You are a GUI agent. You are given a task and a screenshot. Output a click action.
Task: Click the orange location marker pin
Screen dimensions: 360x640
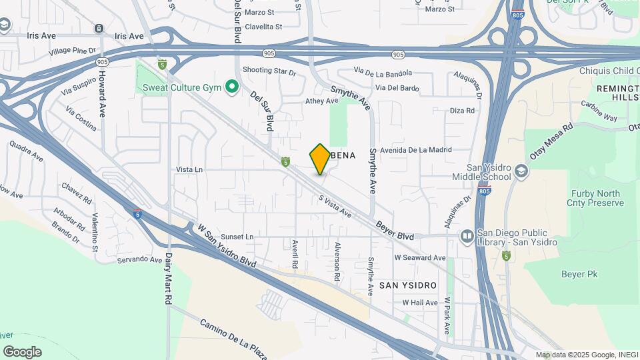tap(320, 159)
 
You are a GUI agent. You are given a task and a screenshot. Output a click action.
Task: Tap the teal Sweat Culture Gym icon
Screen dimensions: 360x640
tap(232, 86)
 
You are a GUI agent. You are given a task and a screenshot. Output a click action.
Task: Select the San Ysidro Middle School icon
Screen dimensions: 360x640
tap(521, 172)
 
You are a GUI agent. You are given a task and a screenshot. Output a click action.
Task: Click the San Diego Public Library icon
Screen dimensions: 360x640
tap(468, 237)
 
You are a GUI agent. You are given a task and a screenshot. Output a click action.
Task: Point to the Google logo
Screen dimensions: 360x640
tap(22, 351)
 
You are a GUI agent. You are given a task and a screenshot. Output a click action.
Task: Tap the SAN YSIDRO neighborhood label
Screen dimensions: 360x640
tap(408, 285)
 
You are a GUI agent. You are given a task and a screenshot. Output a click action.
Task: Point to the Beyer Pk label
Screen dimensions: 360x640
tap(578, 274)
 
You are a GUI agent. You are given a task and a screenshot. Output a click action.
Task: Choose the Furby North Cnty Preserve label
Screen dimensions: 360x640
tap(595, 199)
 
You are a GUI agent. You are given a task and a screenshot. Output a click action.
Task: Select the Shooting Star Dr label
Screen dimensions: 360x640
tap(269, 70)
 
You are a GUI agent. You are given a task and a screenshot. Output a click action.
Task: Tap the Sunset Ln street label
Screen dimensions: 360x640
tap(238, 237)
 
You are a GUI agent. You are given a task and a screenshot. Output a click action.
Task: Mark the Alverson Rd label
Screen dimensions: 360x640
tap(337, 261)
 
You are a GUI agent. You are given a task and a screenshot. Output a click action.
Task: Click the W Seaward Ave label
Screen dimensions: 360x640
tap(419, 257)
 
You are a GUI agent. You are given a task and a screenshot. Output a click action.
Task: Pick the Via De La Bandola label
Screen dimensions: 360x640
tap(383, 72)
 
